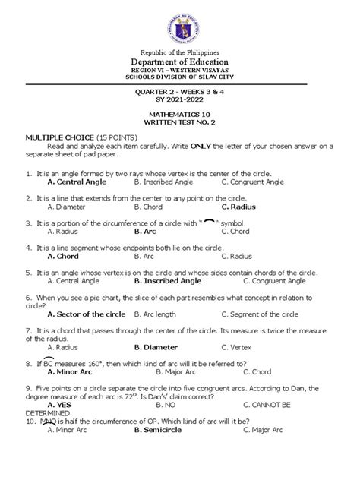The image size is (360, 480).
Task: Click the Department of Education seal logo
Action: [180, 24]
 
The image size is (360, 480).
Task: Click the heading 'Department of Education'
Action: [180, 61]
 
